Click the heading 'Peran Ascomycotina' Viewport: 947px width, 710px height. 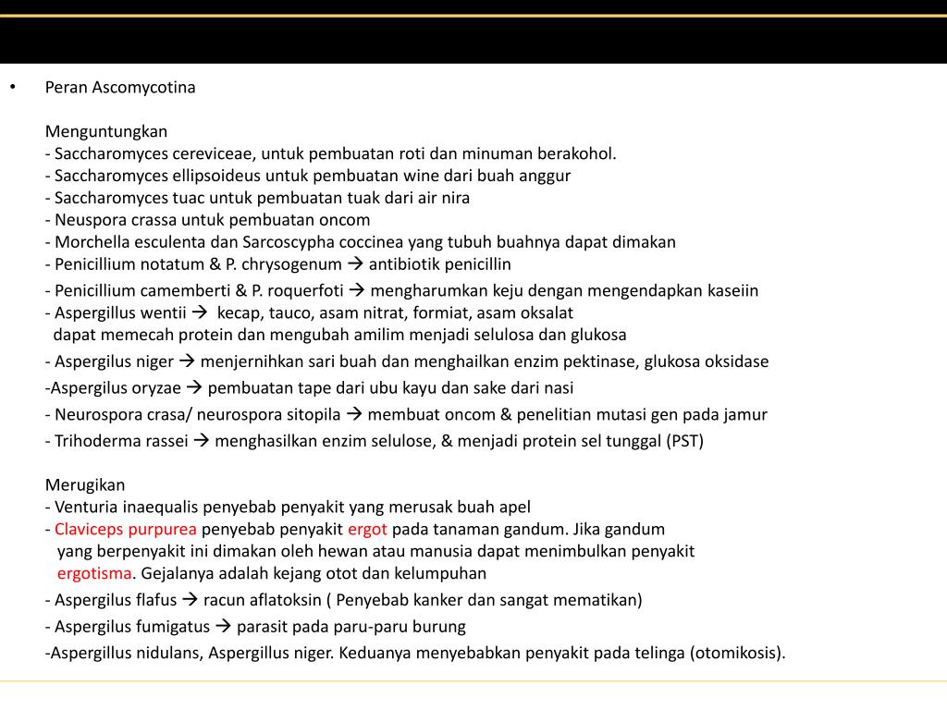click(x=120, y=88)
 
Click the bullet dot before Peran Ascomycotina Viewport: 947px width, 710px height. click(x=13, y=87)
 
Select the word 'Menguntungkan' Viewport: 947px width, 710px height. click(x=106, y=131)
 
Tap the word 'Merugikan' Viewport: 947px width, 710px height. click(x=85, y=484)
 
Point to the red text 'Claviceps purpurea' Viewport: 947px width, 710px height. click(x=125, y=530)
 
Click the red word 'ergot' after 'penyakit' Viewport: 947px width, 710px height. click(x=367, y=530)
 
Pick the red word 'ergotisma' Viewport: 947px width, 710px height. click(x=94, y=573)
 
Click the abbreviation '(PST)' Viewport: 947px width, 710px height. click(x=684, y=441)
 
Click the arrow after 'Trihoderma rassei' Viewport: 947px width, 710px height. click(x=203, y=441)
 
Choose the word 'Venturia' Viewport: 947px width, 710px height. click(x=85, y=507)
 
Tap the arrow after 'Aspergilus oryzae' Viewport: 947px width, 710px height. click(x=195, y=388)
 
